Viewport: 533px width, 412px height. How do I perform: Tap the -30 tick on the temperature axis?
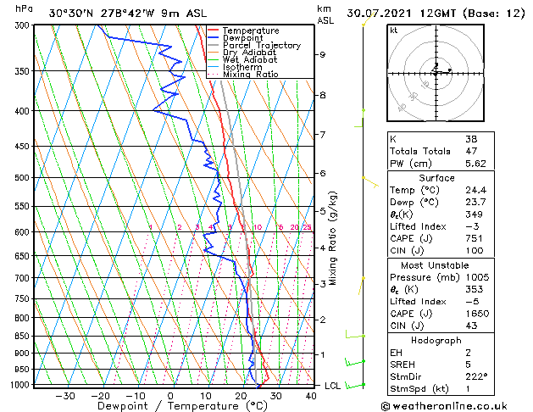pyautogui.click(x=65, y=395)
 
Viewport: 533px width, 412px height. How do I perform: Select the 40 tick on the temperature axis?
pyautogui.click(x=311, y=395)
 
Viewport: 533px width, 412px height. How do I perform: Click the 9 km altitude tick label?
pyautogui.click(x=323, y=55)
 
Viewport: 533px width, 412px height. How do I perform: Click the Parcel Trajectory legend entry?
pyautogui.click(x=262, y=46)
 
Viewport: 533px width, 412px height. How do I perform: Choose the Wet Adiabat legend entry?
pyautogui.click(x=251, y=60)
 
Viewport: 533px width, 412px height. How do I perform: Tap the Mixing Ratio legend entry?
pyautogui.click(x=251, y=75)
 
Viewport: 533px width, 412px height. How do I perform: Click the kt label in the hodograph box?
pyautogui.click(x=393, y=31)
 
